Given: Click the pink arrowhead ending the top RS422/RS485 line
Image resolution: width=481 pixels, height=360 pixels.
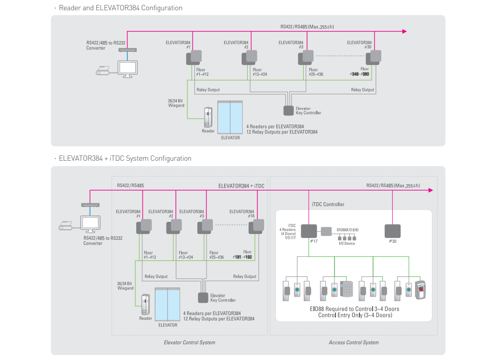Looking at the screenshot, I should (404, 31).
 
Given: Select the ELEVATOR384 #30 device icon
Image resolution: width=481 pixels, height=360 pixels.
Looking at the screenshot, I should (374, 57).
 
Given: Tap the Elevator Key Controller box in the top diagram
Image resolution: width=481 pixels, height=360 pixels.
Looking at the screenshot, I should (289, 110).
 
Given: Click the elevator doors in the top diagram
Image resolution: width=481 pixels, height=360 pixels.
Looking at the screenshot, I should (230, 117).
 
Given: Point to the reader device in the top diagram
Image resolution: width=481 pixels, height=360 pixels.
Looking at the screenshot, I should (209, 118).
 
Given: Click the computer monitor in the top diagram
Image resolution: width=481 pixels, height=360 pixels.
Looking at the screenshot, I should (128, 68).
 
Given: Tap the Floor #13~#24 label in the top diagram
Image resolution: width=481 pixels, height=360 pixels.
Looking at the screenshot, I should (260, 72).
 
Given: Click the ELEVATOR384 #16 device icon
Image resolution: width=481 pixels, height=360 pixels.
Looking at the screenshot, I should (256, 227).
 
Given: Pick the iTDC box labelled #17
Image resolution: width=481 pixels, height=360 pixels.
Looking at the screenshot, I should (309, 231).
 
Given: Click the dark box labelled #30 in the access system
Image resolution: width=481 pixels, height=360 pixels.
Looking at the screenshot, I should (393, 231).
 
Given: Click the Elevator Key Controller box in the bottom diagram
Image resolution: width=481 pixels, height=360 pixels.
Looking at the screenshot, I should (203, 297).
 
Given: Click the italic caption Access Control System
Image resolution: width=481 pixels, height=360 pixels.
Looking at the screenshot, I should (354, 342).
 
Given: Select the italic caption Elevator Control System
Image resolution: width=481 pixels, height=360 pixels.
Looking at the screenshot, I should (189, 342).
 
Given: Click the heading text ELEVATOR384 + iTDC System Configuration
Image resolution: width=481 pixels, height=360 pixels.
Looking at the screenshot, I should (125, 159).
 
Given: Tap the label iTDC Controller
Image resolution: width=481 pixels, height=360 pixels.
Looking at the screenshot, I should (328, 204).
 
